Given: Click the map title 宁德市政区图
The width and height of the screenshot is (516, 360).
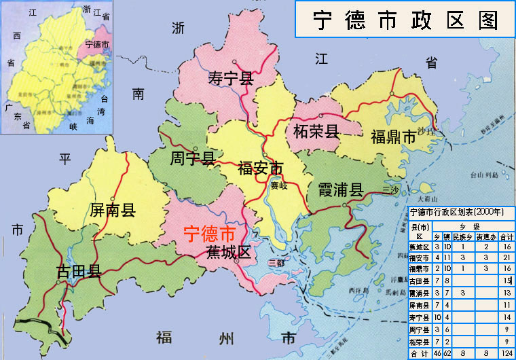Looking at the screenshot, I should coord(405,20).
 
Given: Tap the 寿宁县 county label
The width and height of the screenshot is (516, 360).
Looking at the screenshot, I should coord(230,79).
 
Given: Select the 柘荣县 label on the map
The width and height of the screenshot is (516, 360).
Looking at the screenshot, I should coord(316,130).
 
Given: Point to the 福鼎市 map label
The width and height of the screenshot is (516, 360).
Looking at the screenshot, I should coord(393,137).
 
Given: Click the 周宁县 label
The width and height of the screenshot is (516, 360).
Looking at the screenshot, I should coord(192,159).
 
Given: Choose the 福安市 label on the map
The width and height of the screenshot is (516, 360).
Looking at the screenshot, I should coord(260,168).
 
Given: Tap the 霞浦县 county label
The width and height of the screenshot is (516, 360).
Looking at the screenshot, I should coord(340,190).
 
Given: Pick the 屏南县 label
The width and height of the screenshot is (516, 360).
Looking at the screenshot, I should coord(113,210).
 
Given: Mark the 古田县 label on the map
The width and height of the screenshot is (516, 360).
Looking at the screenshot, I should coord(79,272).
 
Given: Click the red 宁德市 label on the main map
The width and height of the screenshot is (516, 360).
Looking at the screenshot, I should coord(210,234).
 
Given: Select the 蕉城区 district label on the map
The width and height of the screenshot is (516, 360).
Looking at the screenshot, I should coord(228,253).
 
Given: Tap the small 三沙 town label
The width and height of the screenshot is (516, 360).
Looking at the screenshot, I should coord(392,190).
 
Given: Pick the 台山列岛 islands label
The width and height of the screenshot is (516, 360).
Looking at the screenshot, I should coord(484,175).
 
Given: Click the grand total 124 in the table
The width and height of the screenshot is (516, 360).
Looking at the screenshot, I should coord(504,353).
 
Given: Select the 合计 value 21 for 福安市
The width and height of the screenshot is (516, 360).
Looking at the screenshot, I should coord(504,257).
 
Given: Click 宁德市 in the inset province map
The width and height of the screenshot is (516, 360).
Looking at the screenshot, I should coord(98,44).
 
